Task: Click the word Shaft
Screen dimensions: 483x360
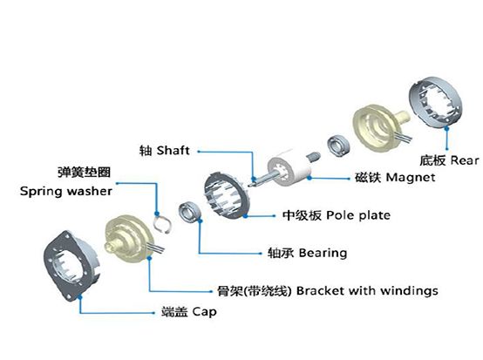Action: (x=173, y=151)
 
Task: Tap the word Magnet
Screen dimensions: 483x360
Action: (x=411, y=178)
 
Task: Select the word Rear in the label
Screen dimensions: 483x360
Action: (x=465, y=160)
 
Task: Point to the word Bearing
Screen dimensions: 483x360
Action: (x=323, y=254)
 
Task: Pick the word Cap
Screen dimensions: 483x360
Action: (x=205, y=312)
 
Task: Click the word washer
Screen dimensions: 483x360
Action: (x=90, y=191)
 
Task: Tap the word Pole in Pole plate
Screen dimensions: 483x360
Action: (x=337, y=215)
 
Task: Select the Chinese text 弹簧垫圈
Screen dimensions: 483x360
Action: (x=84, y=172)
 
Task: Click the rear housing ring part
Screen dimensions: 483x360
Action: (x=436, y=102)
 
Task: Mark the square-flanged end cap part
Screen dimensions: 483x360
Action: (x=71, y=266)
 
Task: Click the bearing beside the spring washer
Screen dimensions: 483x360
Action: (x=190, y=212)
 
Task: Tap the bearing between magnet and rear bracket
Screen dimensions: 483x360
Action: (x=338, y=146)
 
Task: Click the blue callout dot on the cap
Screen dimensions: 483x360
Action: (x=80, y=296)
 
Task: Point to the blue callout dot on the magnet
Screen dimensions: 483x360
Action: (x=310, y=178)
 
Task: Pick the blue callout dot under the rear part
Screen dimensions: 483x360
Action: (x=446, y=129)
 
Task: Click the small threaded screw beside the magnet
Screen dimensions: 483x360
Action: (x=314, y=157)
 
